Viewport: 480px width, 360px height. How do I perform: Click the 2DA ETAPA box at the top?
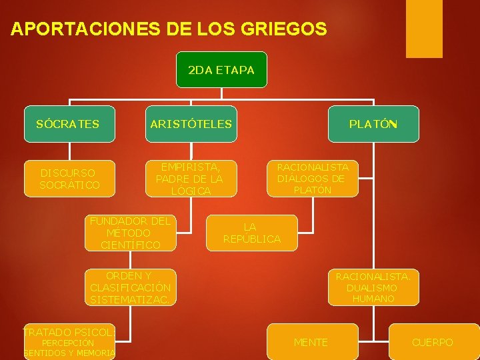(x=221, y=69)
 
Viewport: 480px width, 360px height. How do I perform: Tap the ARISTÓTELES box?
(x=191, y=124)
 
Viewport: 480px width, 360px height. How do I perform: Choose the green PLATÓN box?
(x=373, y=124)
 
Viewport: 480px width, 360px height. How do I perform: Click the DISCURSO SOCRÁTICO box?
(x=69, y=178)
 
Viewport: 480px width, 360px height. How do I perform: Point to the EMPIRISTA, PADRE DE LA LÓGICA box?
(x=189, y=178)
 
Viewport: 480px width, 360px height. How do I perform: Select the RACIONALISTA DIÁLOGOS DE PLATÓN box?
(x=313, y=178)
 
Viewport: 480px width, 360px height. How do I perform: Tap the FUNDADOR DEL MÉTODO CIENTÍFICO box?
(x=131, y=233)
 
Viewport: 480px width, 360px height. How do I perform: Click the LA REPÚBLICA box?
(x=252, y=233)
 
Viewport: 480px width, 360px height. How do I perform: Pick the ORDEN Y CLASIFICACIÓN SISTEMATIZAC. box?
(x=131, y=287)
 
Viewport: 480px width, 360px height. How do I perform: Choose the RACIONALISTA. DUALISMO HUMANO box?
(x=373, y=287)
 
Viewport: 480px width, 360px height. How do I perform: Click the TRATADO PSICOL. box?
(x=69, y=342)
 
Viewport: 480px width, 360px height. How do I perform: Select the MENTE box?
(x=311, y=342)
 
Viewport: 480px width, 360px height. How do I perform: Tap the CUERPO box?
(x=433, y=342)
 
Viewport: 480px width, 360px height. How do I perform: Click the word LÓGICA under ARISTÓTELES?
(x=191, y=191)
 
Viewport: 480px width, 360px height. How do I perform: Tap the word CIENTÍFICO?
(x=131, y=245)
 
